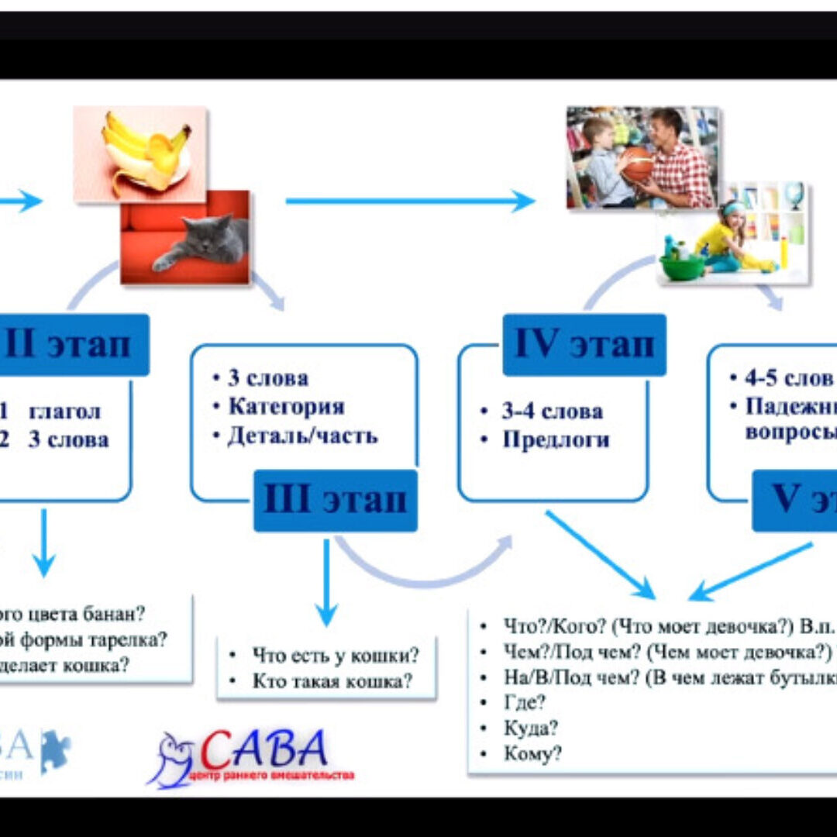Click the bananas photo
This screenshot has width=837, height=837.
(143, 151)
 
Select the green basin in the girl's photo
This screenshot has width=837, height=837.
(682, 267)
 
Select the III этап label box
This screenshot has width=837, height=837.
(335, 501)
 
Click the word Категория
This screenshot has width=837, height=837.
(286, 407)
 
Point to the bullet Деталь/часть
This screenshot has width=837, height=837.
(302, 436)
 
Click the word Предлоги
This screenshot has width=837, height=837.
(556, 440)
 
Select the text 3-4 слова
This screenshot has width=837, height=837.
(551, 412)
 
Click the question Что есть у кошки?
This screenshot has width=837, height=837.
(335, 656)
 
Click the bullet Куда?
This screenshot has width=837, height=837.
(531, 728)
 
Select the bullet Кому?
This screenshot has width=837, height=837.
(532, 753)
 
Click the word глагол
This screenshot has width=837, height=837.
(64, 412)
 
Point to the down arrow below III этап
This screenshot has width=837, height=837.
(326, 581)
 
